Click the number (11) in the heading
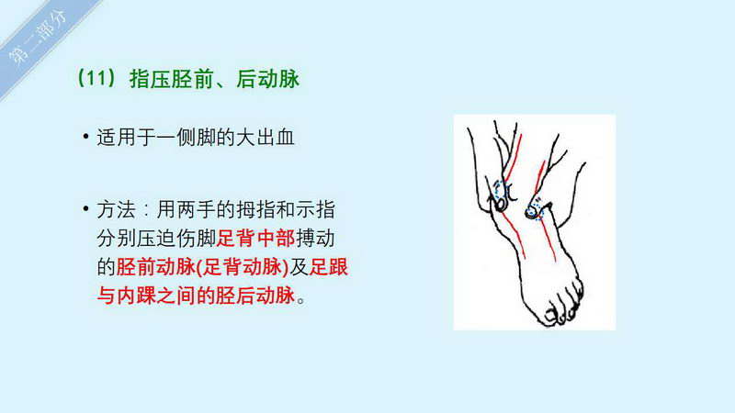96,78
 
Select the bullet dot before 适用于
85,137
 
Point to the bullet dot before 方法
85,208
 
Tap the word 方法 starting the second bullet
117,210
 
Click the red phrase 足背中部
255,239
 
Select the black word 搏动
315,239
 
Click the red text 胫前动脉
155,267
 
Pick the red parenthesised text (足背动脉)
243,267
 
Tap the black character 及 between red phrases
300,267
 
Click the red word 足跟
329,267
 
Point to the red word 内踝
136,296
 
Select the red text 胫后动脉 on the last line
255,296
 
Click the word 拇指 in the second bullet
256,210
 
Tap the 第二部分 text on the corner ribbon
38,39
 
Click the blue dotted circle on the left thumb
501,190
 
